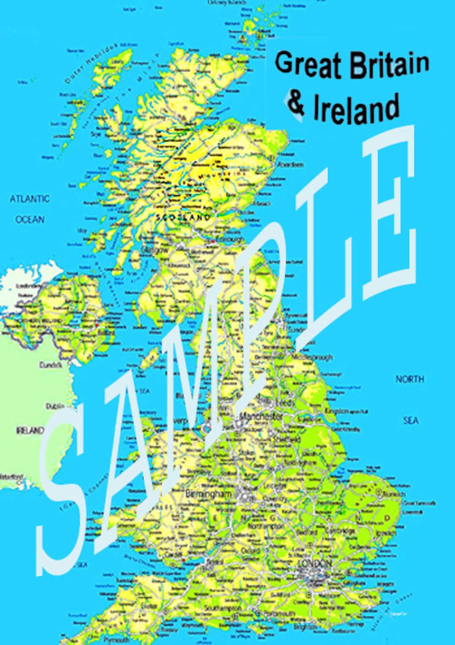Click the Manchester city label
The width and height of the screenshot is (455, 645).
[x=261, y=416]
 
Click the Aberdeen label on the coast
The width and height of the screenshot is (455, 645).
[x=291, y=165]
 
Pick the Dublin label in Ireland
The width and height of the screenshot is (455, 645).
[x=55, y=406]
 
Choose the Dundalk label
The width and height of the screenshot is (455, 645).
[x=51, y=365]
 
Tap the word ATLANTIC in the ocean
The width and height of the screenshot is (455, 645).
[x=29, y=198]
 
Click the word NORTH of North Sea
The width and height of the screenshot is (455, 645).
[x=409, y=379]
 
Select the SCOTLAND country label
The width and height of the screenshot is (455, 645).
[x=183, y=218]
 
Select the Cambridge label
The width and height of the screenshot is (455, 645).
[x=343, y=531]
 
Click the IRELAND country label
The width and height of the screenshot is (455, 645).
[x=30, y=430]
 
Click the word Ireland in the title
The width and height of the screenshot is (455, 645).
[x=356, y=108]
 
